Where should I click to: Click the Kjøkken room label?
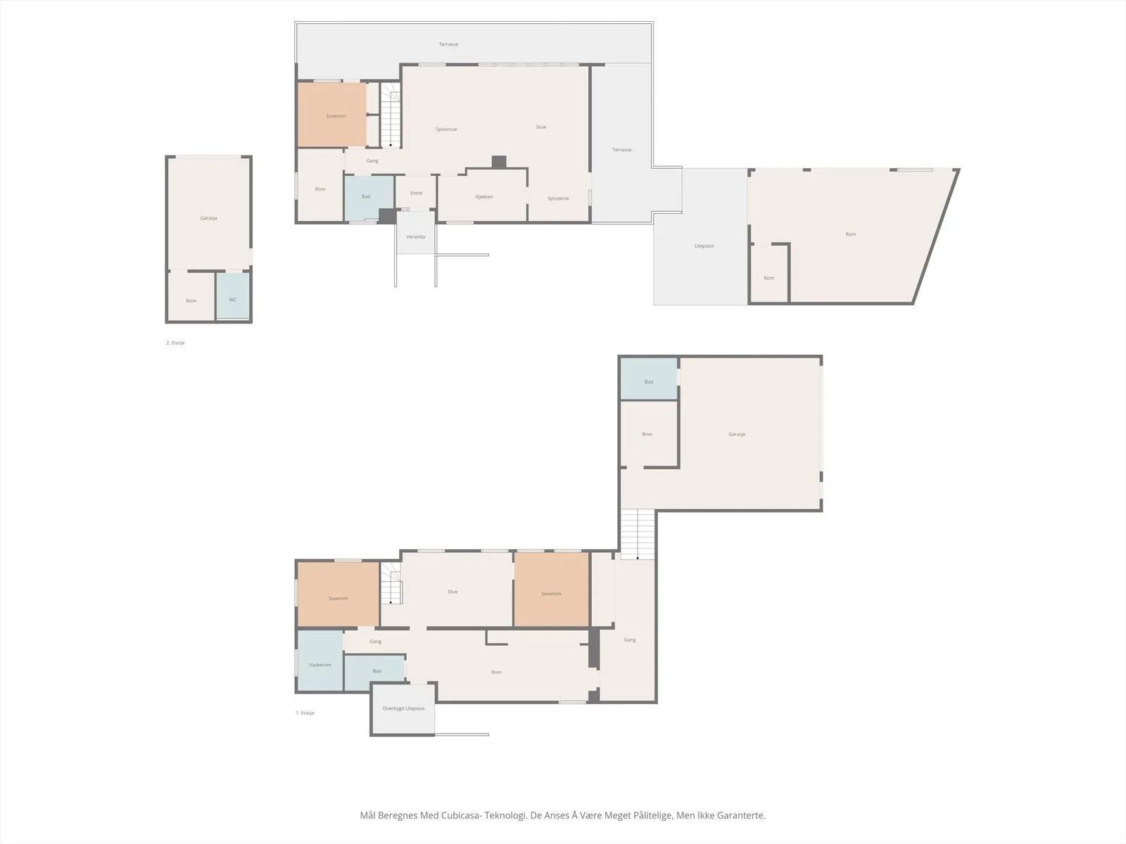point(484,197)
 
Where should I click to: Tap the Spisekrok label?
point(558,198)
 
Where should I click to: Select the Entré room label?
point(416,193)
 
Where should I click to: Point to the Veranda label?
point(415,237)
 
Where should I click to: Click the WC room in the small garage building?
point(233,296)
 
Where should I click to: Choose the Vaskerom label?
point(320,665)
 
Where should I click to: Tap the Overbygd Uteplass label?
point(404,708)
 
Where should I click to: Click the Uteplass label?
point(704,246)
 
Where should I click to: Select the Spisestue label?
point(446,129)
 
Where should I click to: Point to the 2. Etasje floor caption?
point(175,343)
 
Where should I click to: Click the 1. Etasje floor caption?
point(305,712)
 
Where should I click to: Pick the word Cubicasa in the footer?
point(461,814)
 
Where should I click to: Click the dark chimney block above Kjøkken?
point(499,162)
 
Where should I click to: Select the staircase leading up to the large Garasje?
point(638,534)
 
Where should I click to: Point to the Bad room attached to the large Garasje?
point(649,378)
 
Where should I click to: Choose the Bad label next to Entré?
point(366,196)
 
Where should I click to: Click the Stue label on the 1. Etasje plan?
point(453,592)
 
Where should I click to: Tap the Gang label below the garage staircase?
point(630,640)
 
